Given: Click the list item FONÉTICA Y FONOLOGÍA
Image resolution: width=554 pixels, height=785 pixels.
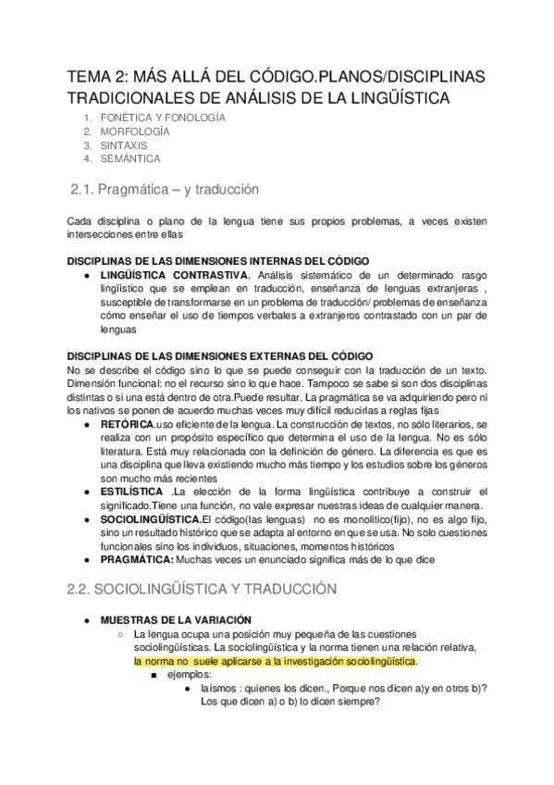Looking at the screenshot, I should click(163, 118).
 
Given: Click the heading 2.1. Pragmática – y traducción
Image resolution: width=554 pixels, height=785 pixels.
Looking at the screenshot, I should click(165, 190).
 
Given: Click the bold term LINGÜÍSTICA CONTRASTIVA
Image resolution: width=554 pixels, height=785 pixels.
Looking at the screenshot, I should click(174, 275).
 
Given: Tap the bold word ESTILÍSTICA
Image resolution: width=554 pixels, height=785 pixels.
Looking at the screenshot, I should click(134, 491).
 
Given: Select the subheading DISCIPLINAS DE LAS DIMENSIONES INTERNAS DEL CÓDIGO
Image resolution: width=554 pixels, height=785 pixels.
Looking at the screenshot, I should click(219, 260).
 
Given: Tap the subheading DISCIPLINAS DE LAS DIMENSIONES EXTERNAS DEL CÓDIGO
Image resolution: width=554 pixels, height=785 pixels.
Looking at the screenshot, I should click(221, 355).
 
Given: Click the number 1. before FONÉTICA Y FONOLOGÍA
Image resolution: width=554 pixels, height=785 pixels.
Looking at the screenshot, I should click(88, 118).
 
